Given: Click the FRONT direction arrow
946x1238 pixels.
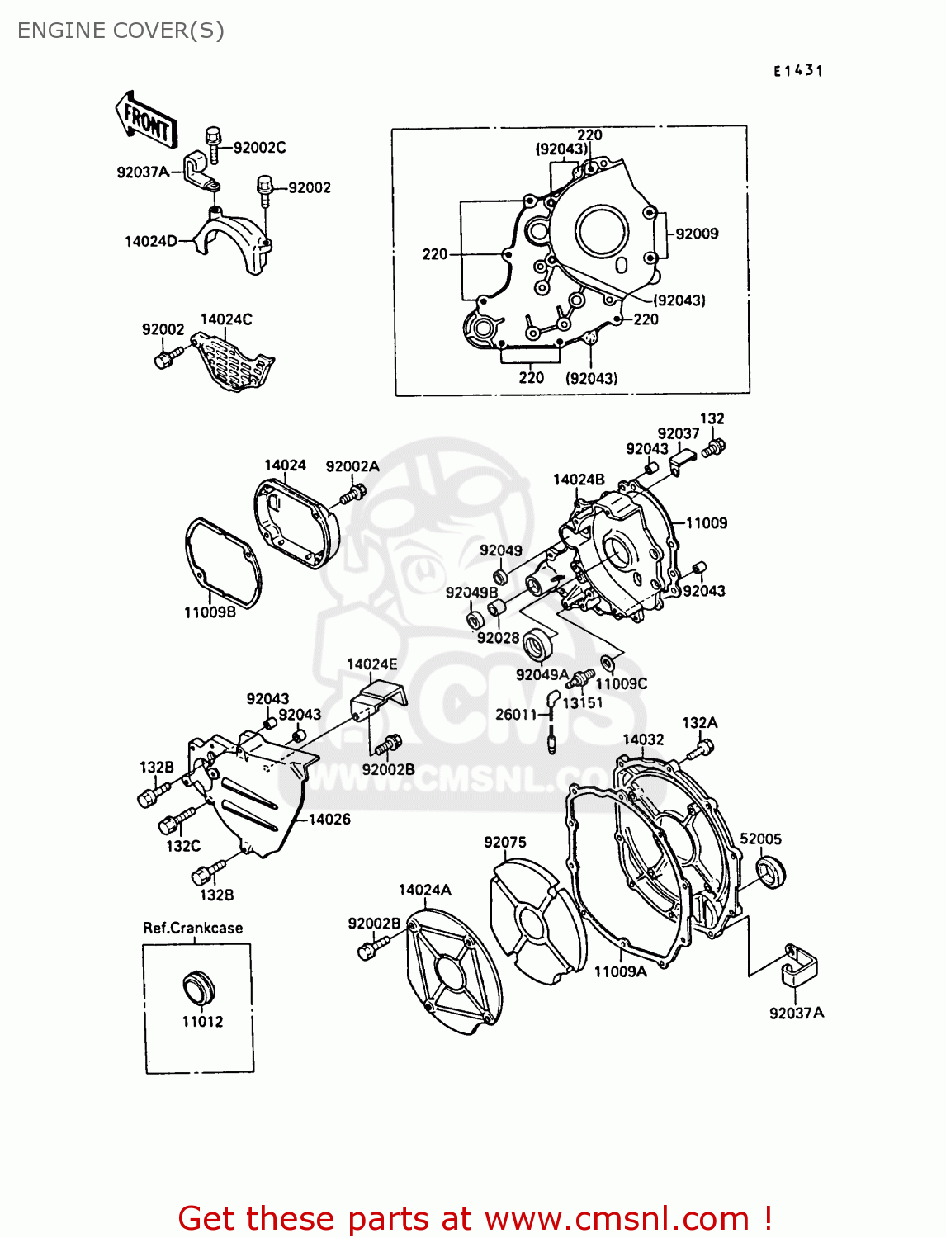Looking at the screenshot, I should click(x=146, y=120).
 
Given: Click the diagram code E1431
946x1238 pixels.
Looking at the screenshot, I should click(x=798, y=71).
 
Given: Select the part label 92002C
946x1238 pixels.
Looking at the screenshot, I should click(x=259, y=148).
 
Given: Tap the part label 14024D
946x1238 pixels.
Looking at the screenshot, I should click(x=150, y=242).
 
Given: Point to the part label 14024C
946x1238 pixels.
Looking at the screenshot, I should click(x=226, y=319).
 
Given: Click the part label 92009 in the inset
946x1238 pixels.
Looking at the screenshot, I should click(x=697, y=234).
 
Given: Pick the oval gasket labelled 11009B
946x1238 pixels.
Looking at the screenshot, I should click(x=221, y=563).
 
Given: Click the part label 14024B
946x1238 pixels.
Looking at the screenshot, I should click(x=579, y=480).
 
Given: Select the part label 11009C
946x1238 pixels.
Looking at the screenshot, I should click(x=622, y=683).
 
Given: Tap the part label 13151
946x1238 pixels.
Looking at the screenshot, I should click(x=583, y=703).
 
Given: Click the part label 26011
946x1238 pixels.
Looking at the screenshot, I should click(x=516, y=715).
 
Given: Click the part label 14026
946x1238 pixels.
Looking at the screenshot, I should click(x=329, y=819).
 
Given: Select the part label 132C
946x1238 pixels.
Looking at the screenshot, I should click(x=183, y=846).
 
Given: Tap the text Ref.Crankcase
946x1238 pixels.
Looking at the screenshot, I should click(x=193, y=928).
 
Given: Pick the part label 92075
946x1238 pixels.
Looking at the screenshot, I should click(x=504, y=842).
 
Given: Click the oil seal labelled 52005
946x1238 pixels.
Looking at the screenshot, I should click(x=771, y=872).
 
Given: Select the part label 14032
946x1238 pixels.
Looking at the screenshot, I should click(x=643, y=739).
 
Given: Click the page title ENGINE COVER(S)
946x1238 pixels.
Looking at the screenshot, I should click(x=121, y=31).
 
